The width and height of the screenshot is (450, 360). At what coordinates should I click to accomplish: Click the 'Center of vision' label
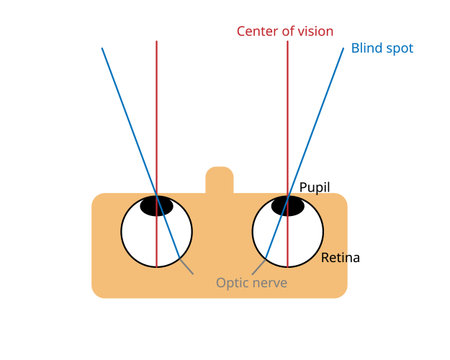285,30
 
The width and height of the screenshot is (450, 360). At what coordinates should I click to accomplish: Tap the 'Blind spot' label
382,48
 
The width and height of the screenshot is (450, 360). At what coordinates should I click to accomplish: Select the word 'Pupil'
315,187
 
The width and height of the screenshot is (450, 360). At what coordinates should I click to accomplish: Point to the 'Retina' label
340,258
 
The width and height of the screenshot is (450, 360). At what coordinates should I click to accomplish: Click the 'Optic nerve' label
251,283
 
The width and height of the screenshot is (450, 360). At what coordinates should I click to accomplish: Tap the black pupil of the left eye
156,206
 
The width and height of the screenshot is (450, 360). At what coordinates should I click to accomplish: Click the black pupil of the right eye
288,206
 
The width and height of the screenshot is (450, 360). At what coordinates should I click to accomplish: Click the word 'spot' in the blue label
398,48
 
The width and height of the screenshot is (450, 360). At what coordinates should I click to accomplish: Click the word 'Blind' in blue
366,48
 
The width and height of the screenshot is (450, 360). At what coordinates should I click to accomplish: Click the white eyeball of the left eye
140,240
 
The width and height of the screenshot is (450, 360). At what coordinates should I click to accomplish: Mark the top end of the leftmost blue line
102,47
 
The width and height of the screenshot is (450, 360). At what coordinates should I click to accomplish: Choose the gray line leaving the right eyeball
258,268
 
